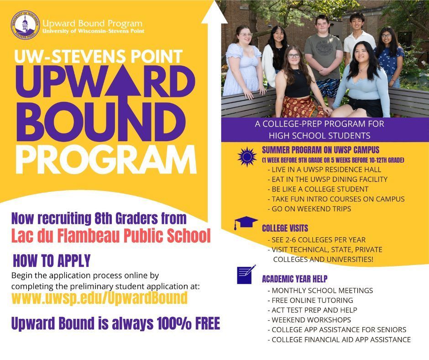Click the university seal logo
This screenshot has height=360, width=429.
pyautogui.click(x=25, y=25)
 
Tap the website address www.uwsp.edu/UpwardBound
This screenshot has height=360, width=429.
pyautogui.click(x=99, y=298)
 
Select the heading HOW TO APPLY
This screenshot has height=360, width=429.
pyautogui.click(x=52, y=261)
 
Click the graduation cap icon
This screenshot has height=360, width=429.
pyautogui.click(x=246, y=222)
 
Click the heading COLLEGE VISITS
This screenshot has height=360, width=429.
pyautogui.click(x=285, y=228)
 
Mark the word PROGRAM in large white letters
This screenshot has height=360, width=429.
pyautogui.click(x=106, y=160)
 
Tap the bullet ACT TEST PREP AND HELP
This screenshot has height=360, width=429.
pyautogui.click(x=314, y=310)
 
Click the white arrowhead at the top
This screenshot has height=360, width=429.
pyautogui.click(x=214, y=13)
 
